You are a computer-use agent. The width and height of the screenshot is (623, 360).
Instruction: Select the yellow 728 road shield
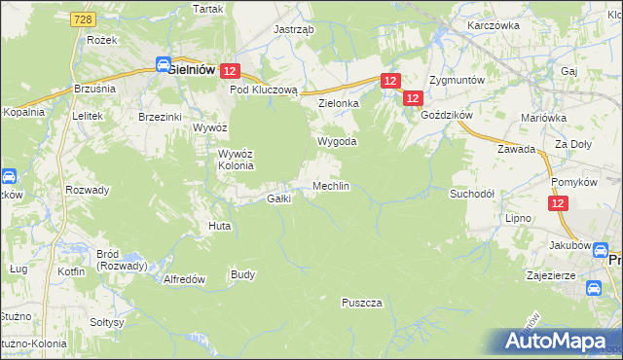pyautogui.click(x=82, y=19)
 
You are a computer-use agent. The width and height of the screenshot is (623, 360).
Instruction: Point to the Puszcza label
pyautogui.click(x=361, y=303)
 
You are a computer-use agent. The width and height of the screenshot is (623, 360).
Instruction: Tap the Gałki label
pyautogui.click(x=279, y=199)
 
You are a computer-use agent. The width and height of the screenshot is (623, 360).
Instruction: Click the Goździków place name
pyautogui.click(x=447, y=114)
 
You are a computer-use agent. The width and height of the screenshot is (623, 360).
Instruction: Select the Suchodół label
pyautogui.click(x=472, y=194)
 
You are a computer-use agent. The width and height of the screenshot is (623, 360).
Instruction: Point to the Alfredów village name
pyautogui.click(x=184, y=278)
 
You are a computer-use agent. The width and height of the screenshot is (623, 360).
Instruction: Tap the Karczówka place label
pyautogui.click(x=490, y=24)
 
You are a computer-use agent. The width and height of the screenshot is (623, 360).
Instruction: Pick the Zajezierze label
pyautogui.click(x=575, y=275)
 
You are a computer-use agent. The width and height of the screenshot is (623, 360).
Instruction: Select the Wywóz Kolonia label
pyautogui.click(x=236, y=160)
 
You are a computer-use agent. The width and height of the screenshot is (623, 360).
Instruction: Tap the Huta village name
pyautogui.click(x=219, y=226)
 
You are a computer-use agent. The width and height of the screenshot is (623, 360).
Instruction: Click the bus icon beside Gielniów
pyautogui.click(x=165, y=65)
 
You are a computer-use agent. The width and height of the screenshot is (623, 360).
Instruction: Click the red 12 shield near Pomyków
pyautogui.click(x=558, y=203)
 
